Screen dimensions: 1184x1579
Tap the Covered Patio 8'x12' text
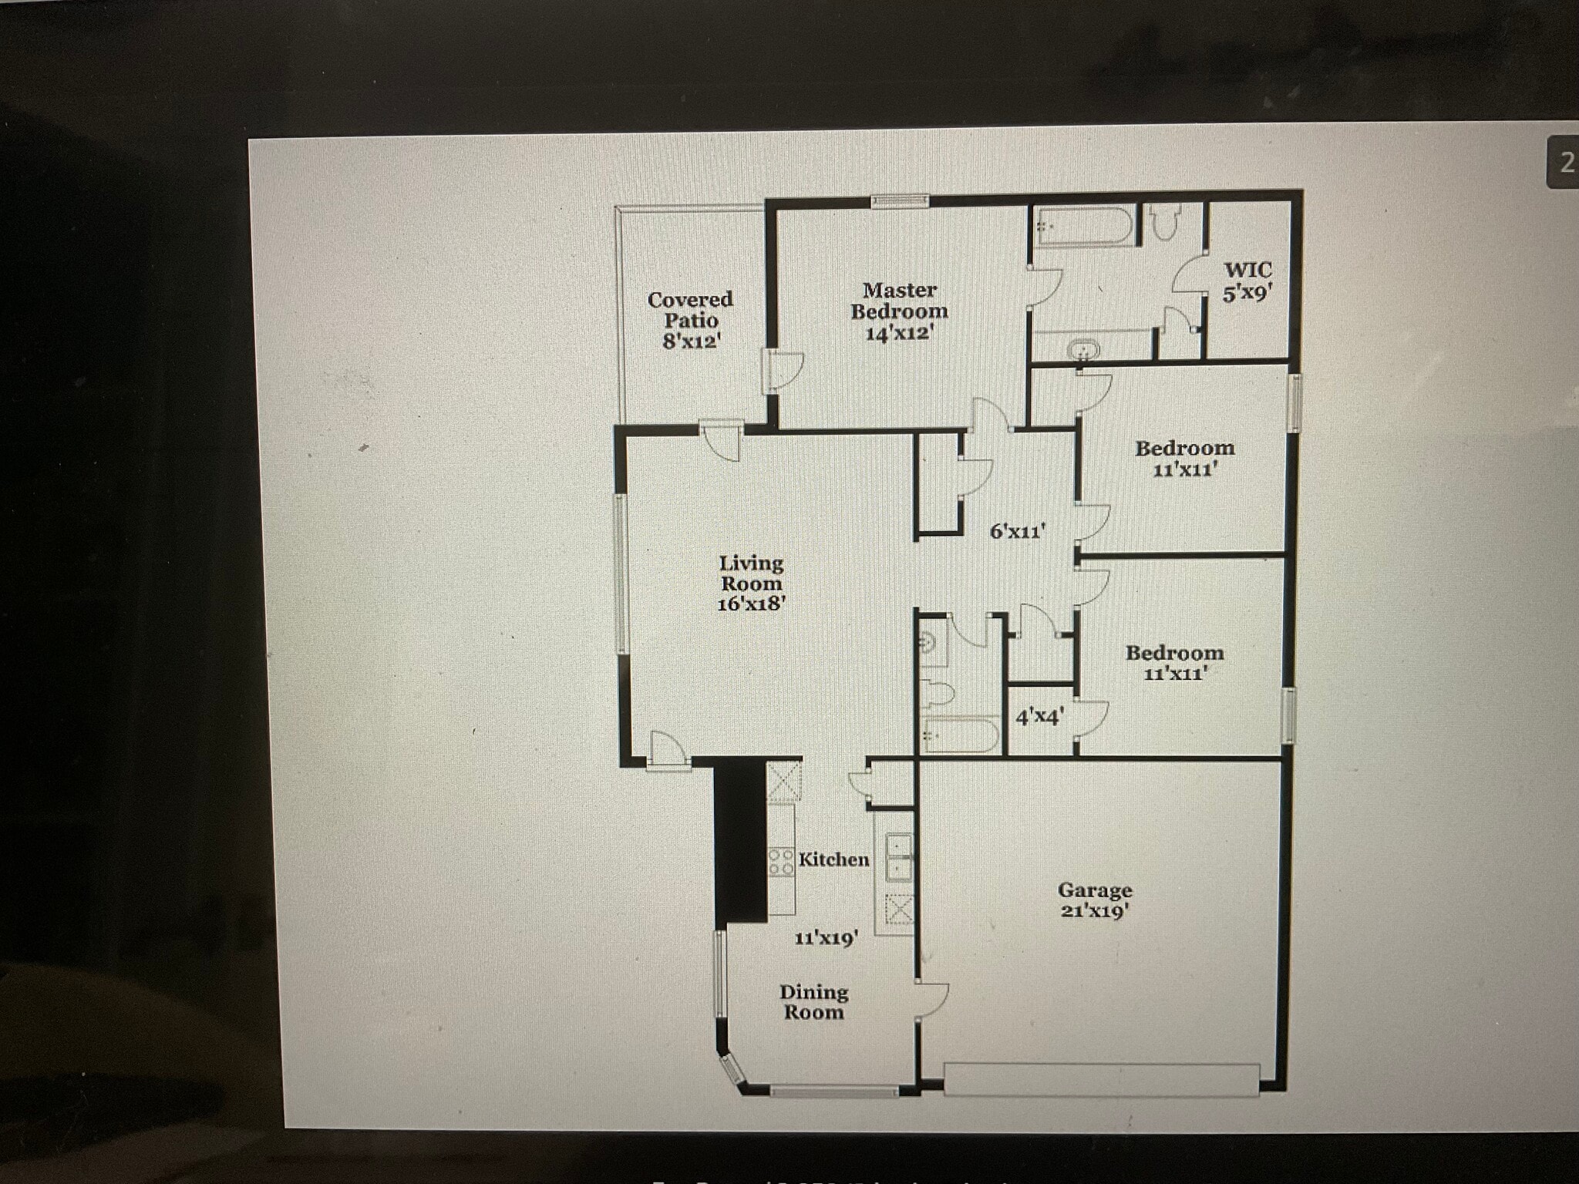(x=690, y=320)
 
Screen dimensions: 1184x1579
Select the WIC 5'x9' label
(x=1247, y=281)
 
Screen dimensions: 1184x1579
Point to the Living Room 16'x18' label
(x=751, y=584)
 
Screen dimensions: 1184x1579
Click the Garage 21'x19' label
(x=1094, y=900)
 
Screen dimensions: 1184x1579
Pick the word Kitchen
(x=833, y=859)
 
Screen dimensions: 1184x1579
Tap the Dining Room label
(x=813, y=1002)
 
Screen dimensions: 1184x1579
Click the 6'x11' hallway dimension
(x=1018, y=531)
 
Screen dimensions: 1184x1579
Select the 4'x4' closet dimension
(x=1039, y=717)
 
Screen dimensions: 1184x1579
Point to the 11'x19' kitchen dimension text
(x=827, y=938)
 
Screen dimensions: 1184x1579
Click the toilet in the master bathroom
(x=1163, y=223)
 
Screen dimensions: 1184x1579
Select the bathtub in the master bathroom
(x=1082, y=226)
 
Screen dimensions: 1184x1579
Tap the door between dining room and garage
(x=931, y=1001)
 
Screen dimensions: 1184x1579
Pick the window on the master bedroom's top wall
(x=900, y=201)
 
